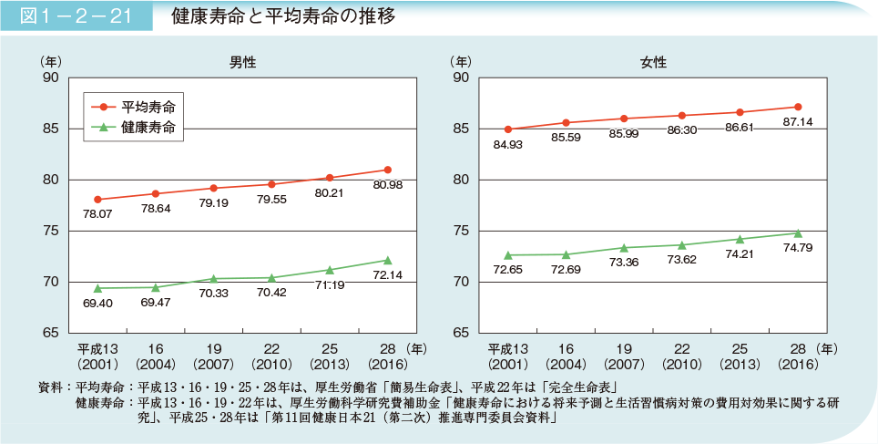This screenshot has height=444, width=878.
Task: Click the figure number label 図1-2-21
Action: [x=77, y=17]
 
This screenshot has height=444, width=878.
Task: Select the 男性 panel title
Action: [x=242, y=63]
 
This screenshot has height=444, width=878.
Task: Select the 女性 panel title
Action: [x=653, y=63]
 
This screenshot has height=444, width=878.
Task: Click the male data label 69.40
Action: [x=97, y=303]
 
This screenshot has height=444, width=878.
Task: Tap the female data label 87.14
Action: [x=798, y=122]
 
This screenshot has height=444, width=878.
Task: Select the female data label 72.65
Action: [x=508, y=270]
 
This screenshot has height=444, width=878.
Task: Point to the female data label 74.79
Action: [x=798, y=248]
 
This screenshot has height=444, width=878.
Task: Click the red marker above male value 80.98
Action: [x=388, y=170]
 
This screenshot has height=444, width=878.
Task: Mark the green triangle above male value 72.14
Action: [x=388, y=260]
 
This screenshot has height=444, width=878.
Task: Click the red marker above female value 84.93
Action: [x=508, y=129]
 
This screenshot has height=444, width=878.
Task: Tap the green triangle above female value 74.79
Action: [x=798, y=232]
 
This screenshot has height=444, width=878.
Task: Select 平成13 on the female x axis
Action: [x=508, y=347]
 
